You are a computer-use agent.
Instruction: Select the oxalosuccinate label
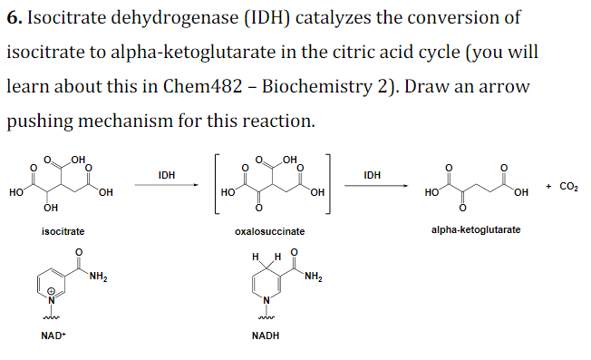(269, 232)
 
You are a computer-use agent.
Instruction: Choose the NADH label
(265, 336)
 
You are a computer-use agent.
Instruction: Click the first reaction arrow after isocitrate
(166, 186)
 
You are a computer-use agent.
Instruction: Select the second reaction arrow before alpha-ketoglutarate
(373, 186)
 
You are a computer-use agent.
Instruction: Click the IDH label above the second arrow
(372, 174)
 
